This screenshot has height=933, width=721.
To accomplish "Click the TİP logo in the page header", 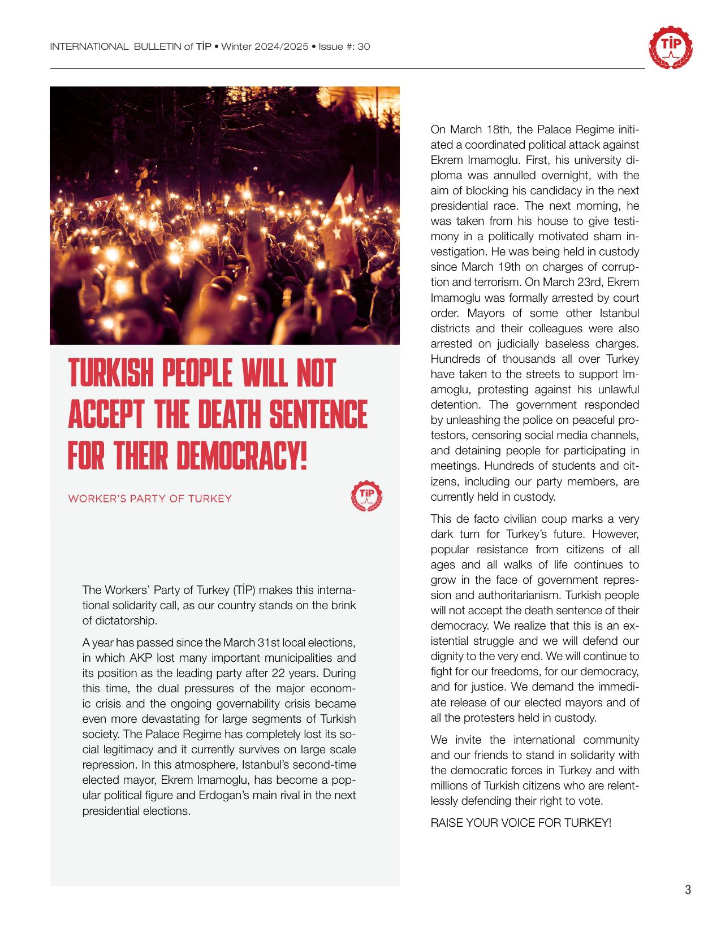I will click(670, 47).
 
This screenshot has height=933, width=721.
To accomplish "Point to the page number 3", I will click(688, 890).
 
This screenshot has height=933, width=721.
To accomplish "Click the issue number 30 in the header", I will click(364, 46).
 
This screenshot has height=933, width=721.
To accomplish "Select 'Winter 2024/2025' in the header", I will click(264, 46).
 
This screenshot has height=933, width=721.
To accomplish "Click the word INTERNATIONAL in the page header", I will click(89, 46).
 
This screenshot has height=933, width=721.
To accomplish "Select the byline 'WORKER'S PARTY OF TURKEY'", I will click(150, 498).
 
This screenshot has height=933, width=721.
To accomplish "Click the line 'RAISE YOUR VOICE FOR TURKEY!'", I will click(521, 823).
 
